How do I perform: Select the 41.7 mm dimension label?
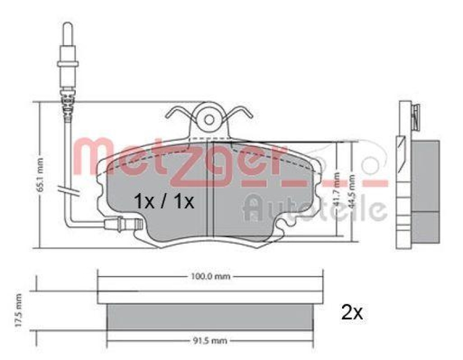335,188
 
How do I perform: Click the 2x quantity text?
351,313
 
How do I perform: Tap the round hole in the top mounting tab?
209,120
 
